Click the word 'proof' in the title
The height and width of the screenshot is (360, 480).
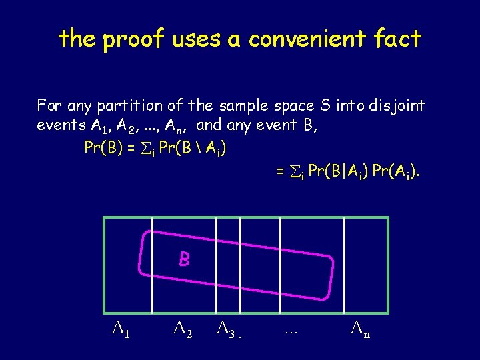(133, 40)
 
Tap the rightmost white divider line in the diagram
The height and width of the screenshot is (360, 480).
(344, 265)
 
